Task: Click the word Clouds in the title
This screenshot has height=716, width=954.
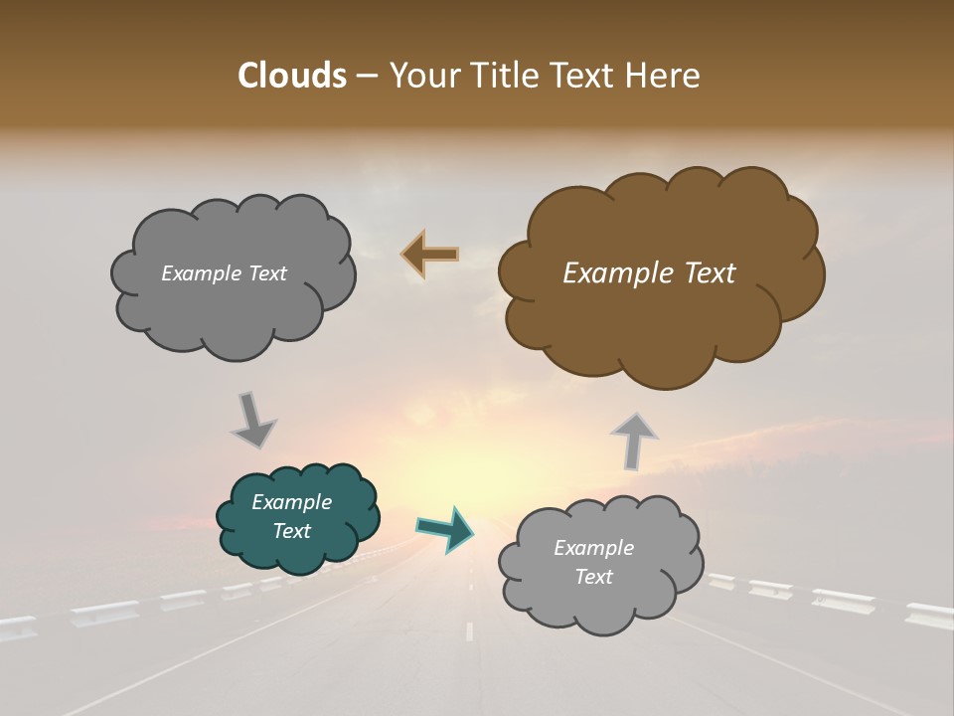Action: click(x=291, y=76)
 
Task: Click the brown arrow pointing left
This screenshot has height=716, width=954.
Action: click(x=430, y=255)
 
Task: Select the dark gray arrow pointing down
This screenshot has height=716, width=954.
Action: click(x=252, y=420)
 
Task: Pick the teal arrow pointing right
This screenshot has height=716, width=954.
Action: click(x=446, y=528)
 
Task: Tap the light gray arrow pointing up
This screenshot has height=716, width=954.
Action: click(x=634, y=440)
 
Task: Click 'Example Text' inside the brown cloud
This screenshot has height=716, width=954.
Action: click(x=649, y=273)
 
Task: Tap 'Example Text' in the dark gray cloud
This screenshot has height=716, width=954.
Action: click(x=224, y=273)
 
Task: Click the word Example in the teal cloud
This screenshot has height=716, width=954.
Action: click(x=291, y=502)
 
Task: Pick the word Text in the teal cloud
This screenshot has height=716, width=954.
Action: click(x=292, y=531)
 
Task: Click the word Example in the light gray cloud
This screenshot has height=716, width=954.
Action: click(x=593, y=548)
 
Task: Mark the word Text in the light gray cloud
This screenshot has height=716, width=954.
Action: click(x=594, y=577)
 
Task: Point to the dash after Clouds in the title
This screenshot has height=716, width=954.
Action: click(x=366, y=77)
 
